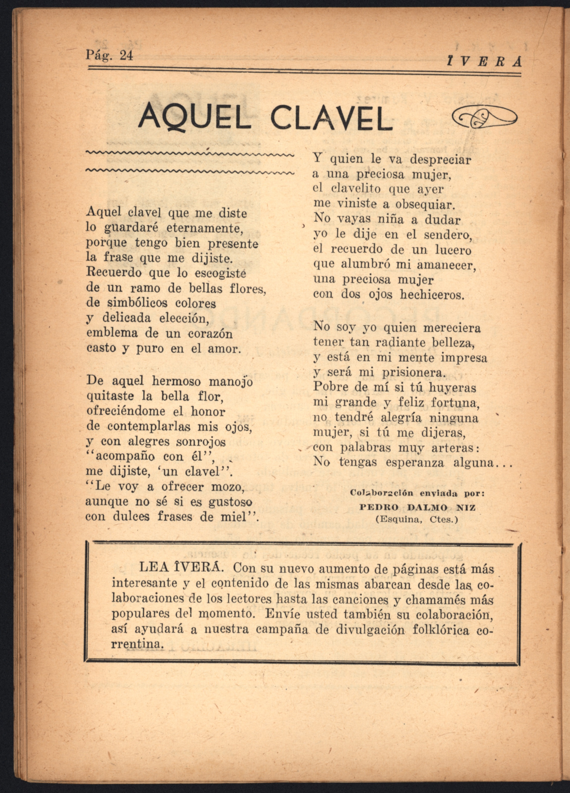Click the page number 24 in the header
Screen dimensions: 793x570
126,56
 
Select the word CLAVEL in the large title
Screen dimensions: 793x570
331,117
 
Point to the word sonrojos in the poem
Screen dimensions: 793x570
201,442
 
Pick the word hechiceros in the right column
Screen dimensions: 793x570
432,295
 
